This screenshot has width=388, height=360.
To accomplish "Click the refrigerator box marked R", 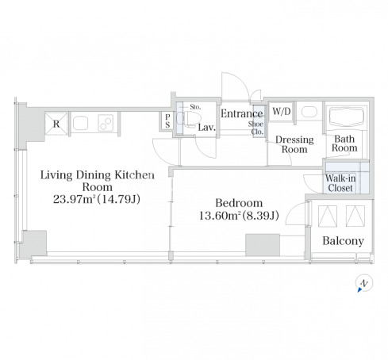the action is (56, 124).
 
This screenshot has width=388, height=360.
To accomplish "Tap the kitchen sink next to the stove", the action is (80, 123).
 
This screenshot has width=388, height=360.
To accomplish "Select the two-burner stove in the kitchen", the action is (106, 123).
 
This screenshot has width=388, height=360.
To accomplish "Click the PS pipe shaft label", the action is (167, 121).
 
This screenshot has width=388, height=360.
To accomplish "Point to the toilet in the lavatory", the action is (188, 119).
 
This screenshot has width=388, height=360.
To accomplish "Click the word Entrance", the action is (242, 113).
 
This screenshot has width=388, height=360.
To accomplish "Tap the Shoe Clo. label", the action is (256, 128).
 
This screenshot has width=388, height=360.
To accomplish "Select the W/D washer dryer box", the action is (282, 112).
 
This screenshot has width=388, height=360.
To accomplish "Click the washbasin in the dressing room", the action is (309, 112).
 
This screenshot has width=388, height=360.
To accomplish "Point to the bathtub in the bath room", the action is (346, 117).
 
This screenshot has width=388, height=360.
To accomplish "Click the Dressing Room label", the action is (294, 144).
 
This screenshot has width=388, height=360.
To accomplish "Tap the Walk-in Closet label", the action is (340, 183).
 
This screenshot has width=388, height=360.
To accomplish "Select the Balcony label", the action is (343, 241).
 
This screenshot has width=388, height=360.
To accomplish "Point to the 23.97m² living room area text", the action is (75, 199).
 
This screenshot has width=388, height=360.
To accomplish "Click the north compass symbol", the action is (364, 283).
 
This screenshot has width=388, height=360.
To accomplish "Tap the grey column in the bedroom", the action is (263, 245).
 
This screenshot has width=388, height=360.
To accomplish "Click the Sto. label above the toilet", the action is (195, 107).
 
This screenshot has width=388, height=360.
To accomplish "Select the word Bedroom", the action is (239, 203).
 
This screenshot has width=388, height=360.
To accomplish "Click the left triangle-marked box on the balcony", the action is (328, 216).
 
